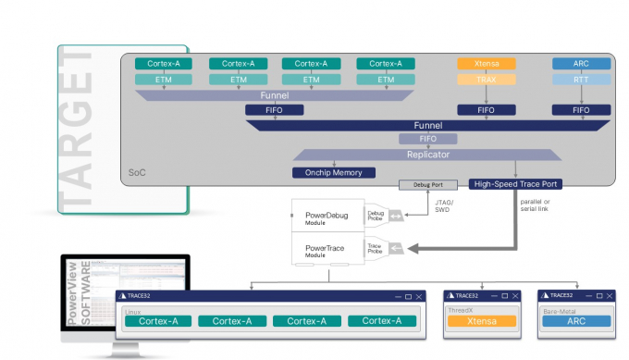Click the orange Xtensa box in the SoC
[x=487, y=64]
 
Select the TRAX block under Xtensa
[x=487, y=81]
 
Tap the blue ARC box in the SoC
[x=581, y=64]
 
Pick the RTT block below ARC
[x=581, y=81]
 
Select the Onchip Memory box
[x=334, y=172]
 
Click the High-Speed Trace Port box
[x=516, y=183]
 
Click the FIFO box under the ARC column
[x=581, y=110]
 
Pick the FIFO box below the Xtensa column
[x=487, y=110]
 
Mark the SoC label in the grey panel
[x=138, y=172]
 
